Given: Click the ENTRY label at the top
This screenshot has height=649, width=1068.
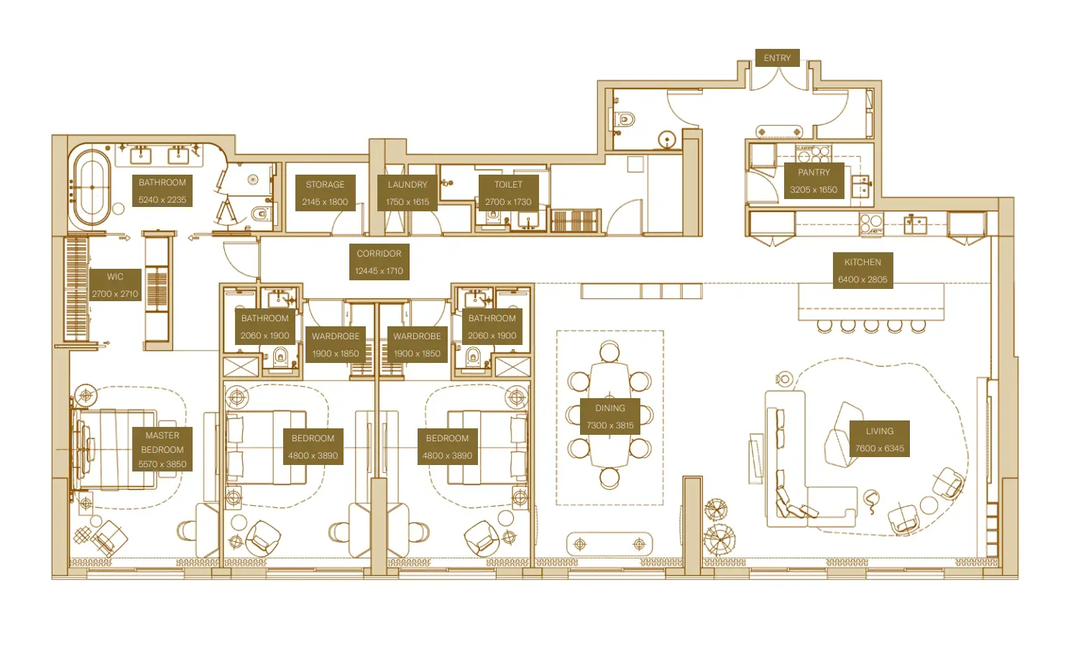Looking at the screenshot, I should click(777, 58).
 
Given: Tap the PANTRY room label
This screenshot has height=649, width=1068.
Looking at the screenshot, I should click(814, 172).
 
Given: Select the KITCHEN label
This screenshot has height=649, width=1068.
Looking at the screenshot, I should click(862, 262).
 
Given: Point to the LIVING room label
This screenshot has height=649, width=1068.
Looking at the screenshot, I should click(879, 431).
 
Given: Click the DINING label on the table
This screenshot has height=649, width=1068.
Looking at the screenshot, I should click(609, 408).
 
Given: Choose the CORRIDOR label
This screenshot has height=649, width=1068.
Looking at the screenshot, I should click(379, 254).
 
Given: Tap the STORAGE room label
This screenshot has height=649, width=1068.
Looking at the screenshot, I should click(325, 185).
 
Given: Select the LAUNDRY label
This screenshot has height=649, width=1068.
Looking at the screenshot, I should click(408, 185).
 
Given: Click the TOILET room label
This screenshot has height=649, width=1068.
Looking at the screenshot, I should click(508, 185).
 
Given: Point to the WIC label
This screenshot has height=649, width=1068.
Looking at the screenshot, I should click(115, 277).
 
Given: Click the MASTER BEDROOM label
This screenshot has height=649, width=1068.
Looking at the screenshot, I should click(162, 442).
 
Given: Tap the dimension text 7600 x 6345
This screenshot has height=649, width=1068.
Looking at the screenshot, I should click(879, 448).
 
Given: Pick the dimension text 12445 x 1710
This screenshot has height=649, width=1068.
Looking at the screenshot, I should click(379, 271).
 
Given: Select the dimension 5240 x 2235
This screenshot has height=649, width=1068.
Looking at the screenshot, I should click(162, 200).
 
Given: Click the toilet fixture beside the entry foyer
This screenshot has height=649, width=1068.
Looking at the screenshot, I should click(624, 119).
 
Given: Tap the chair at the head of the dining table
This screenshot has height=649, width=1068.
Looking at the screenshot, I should click(609, 352).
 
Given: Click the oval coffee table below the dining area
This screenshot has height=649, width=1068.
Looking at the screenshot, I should click(609, 544).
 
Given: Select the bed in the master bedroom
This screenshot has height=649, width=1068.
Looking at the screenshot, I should click(115, 450).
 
